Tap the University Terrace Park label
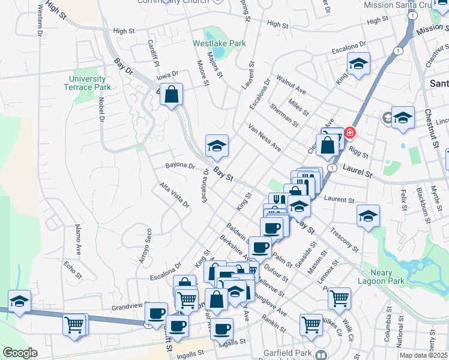click(88, 83)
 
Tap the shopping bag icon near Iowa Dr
click(172, 94)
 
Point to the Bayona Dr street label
click(180, 166)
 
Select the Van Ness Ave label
click(265, 137)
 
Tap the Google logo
click(20, 352)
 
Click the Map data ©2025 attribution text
click(424, 355)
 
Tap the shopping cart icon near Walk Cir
click(339, 297)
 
